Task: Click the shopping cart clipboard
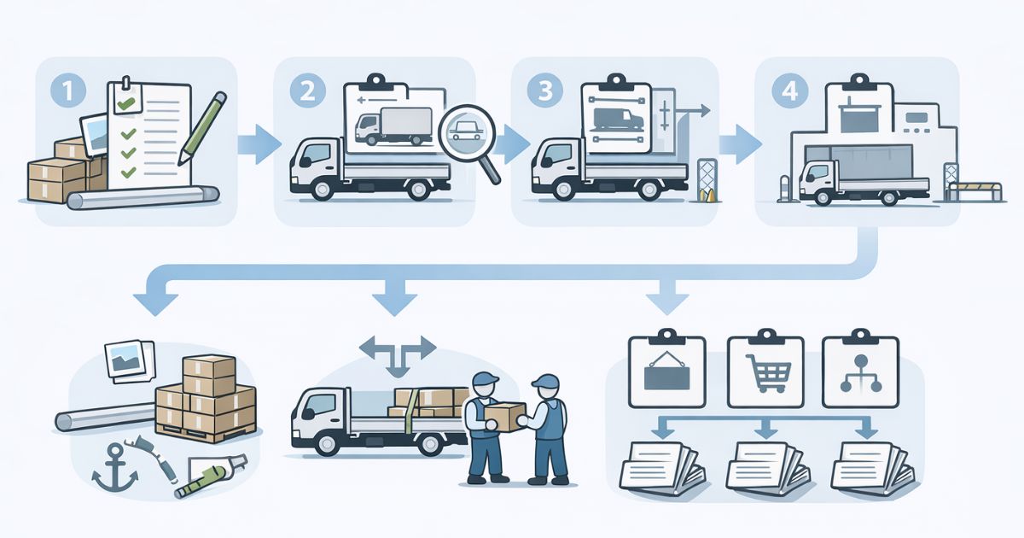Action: coord(765,369)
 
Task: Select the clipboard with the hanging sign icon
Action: coord(666,369)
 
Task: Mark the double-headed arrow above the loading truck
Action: coord(398,349)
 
